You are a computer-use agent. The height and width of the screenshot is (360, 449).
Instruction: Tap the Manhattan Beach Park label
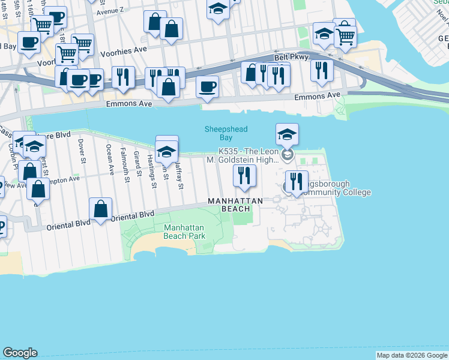click(x=185, y=232)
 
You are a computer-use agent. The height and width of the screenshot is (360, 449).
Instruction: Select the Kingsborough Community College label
click(x=334, y=188)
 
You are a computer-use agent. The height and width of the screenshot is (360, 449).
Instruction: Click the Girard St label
click(x=137, y=164)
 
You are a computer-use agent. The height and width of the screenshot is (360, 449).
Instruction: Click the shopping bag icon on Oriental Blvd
click(x=101, y=209)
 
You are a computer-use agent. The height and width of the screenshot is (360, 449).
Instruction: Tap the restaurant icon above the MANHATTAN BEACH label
click(x=244, y=175)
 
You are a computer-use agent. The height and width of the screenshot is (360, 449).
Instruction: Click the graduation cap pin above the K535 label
click(x=287, y=134)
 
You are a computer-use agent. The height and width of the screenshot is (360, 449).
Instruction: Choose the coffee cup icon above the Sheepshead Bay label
click(x=207, y=86)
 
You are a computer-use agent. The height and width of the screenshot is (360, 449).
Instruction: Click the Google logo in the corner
click(x=20, y=353)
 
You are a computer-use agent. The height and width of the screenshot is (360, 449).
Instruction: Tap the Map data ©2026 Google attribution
click(x=412, y=356)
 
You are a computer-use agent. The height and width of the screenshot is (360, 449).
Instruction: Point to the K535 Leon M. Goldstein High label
click(x=249, y=155)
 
